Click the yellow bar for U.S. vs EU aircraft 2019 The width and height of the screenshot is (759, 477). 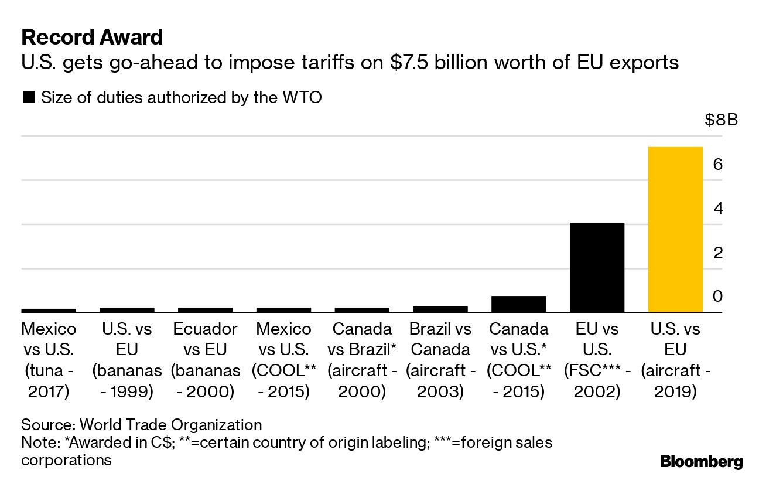coord(675,229)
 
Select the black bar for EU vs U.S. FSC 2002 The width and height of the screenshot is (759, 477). coord(597,267)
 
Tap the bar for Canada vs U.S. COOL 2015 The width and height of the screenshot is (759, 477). coord(518,304)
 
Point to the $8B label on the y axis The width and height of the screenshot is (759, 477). coord(721,121)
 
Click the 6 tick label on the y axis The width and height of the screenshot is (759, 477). coord(717,165)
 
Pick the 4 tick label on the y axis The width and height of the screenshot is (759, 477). coord(717,209)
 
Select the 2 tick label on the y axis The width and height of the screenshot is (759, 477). coord(717,253)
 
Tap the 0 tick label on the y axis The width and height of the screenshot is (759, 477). coord(717,297)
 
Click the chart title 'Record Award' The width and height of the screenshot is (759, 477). coord(92,38)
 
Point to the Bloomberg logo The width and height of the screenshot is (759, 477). coord(701,461)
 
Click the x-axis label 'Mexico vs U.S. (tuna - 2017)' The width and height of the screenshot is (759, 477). coord(49,360)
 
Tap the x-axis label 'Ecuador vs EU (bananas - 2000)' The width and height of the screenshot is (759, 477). coord(205,360)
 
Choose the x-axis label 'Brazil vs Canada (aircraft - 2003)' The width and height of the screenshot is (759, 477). coord(440,360)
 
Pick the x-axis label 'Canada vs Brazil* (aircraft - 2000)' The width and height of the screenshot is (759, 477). coord(362,360)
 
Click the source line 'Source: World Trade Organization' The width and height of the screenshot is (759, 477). coord(142,424)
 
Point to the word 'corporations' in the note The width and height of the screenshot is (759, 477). coord(66,459)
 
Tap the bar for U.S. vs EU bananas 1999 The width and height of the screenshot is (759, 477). coord(126,309)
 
